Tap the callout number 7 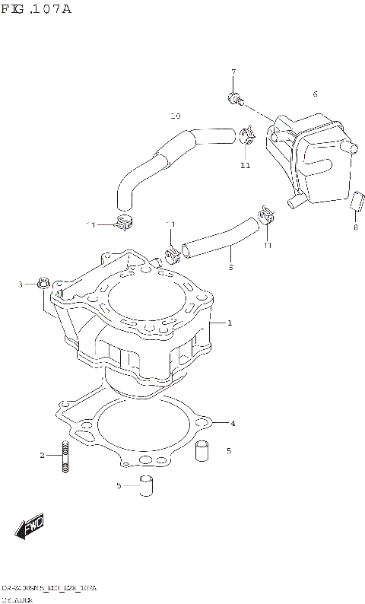[x=233, y=72]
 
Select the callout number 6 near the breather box [x=314, y=94]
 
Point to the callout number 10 [x=175, y=116]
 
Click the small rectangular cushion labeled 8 [x=354, y=201]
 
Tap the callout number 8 [x=354, y=227]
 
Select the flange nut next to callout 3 [x=43, y=285]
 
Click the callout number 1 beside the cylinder [x=229, y=323]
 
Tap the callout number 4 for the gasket [x=233, y=423]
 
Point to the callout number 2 [x=43, y=456]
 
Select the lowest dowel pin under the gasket [x=146, y=485]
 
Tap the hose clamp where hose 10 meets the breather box [x=246, y=138]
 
